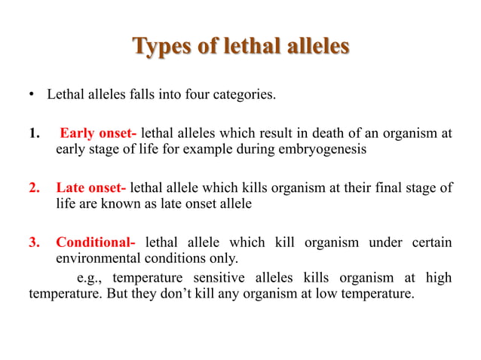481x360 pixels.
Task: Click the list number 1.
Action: click(33, 134)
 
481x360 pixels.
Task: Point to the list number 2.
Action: click(33, 188)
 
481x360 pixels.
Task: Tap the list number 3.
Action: click(33, 242)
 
